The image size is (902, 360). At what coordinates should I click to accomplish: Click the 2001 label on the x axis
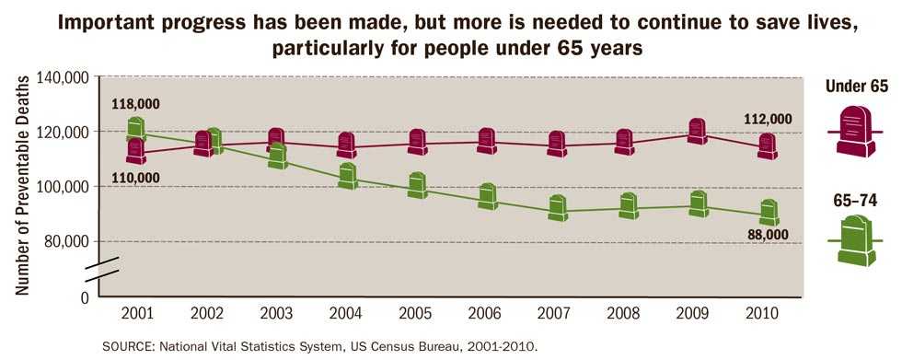pyautogui.click(x=135, y=313)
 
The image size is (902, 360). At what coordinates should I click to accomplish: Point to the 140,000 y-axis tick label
pyautogui.click(x=61, y=78)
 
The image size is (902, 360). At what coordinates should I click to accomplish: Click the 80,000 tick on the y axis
pyautogui.click(x=64, y=241)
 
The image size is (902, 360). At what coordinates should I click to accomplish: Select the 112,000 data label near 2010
pyautogui.click(x=767, y=119)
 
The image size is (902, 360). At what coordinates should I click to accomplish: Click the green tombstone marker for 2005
pyautogui.click(x=417, y=185)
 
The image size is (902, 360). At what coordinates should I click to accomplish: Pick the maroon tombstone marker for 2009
pyautogui.click(x=698, y=131)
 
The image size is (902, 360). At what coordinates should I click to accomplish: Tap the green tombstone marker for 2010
pyautogui.click(x=769, y=213)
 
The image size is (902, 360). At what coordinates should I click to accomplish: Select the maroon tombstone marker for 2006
pyautogui.click(x=487, y=141)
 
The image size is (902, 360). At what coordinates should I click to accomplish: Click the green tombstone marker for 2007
pyautogui.click(x=557, y=208)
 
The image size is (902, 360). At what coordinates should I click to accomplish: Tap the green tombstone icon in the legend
pyautogui.click(x=856, y=239)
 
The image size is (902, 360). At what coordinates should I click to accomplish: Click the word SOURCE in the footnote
pyautogui.click(x=131, y=347)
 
